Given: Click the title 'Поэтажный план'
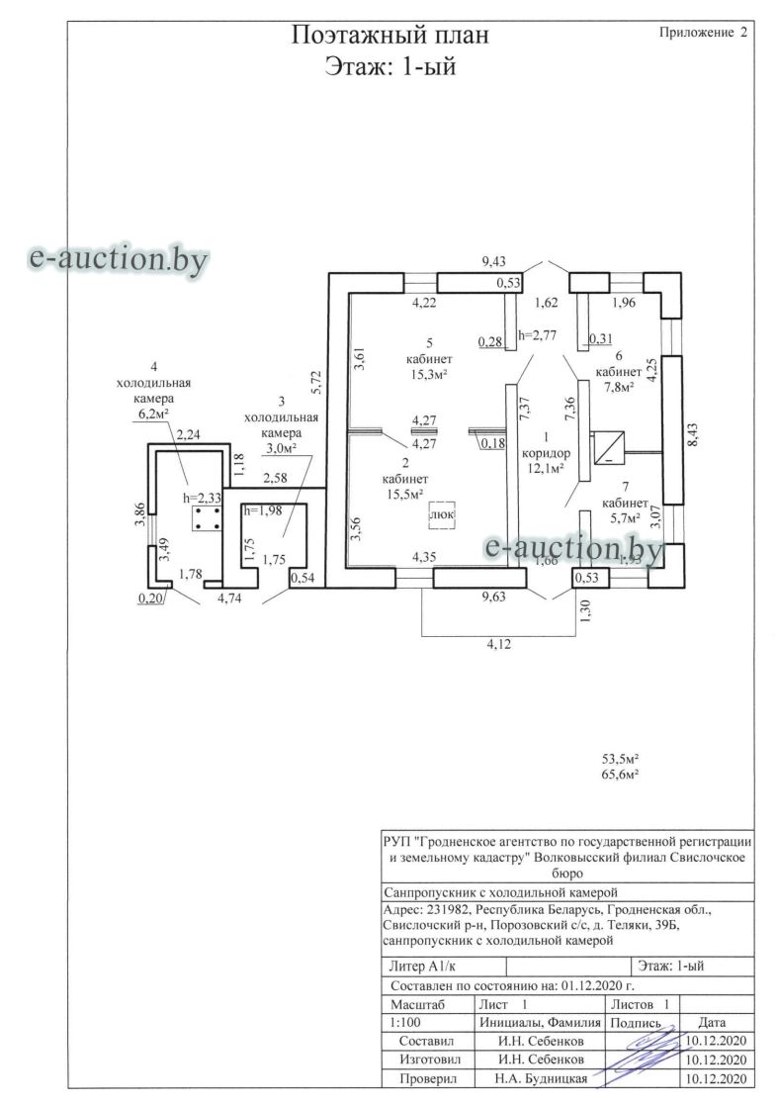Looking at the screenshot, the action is tap(389, 36).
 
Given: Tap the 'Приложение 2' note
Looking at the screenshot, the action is tap(702, 33).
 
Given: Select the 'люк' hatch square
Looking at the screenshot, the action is tap(441, 514).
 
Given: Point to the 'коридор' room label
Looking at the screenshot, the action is tap(546, 453).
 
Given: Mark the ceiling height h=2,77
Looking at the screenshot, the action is tap(537, 335).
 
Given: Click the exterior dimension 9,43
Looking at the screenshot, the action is tap(493, 262).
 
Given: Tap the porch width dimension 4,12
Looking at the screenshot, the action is tap(498, 643).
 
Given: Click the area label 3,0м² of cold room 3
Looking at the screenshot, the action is tap(281, 448).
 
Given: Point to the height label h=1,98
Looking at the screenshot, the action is tap(261, 510).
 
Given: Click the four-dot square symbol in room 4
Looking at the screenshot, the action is tap(206, 517).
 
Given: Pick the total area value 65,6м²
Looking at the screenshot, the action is tap(621, 774).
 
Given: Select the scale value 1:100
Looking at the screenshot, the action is tap(407, 1022).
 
